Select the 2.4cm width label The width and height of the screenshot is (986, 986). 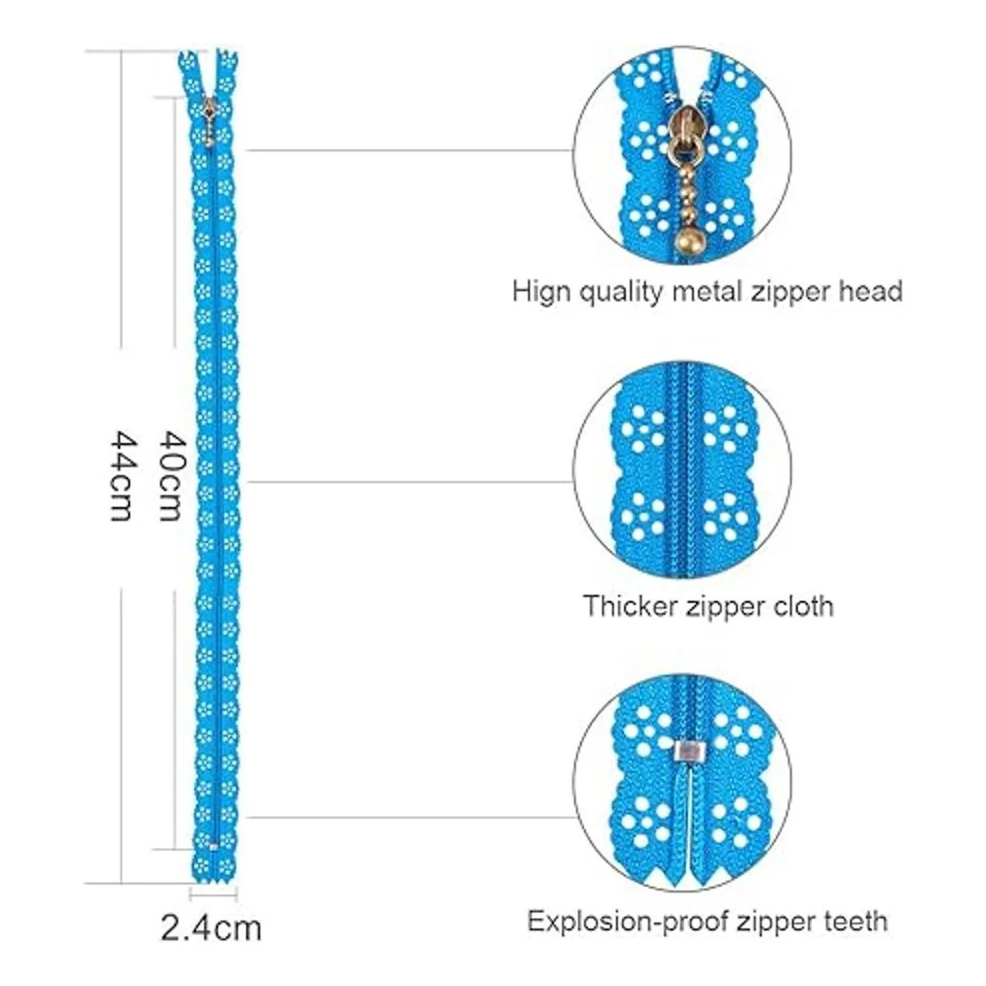[x=211, y=929]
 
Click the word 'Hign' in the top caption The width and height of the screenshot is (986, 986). [x=540, y=292]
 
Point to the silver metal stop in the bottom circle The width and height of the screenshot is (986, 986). [x=683, y=749]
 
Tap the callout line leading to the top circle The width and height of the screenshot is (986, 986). [x=411, y=150]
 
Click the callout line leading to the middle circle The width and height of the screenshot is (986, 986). [x=411, y=481]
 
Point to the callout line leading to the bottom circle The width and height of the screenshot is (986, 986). [x=411, y=817]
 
